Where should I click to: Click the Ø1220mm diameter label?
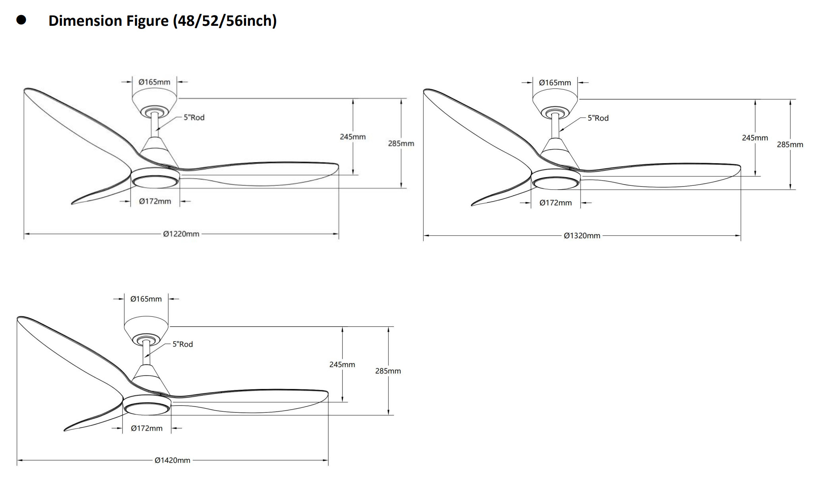tap(181, 234)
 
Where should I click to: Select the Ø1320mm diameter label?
tap(582, 236)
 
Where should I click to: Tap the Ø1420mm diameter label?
tap(172, 460)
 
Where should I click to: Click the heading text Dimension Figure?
tap(108, 21)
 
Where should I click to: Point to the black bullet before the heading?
tap(21, 20)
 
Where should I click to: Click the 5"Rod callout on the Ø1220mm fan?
tap(194, 117)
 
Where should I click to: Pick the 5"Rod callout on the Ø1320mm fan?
tap(598, 118)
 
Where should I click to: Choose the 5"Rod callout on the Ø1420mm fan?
tap(182, 345)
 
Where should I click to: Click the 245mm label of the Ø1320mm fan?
tap(755, 138)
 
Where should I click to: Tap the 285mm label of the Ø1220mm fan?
tap(401, 144)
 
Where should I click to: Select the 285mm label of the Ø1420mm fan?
tap(388, 371)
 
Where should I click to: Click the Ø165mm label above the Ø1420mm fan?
tap(146, 299)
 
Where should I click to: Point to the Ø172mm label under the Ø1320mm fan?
tap(556, 203)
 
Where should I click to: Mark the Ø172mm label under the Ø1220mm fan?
tap(155, 201)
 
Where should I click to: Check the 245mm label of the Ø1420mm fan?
tap(342, 364)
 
